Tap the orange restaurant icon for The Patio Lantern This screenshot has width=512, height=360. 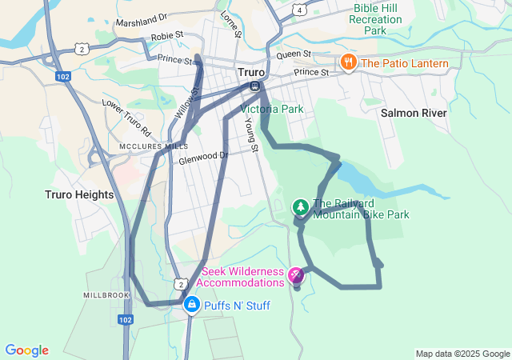coord(348,62)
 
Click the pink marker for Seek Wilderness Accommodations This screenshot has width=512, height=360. coord(296,276)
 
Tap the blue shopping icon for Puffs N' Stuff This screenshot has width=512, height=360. coord(192,305)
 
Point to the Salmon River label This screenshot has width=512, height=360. coord(414,114)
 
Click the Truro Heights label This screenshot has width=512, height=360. coord(79,194)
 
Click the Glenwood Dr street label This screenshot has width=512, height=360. coord(204,158)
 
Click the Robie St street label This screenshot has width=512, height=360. coord(168,36)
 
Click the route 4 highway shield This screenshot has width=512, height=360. coord(298,10)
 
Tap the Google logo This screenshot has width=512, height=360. coord(26,350)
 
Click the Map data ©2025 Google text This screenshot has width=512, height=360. coord(462,354)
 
